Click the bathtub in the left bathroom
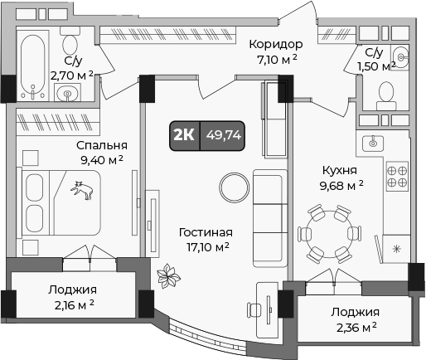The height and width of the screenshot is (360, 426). [x=34, y=62]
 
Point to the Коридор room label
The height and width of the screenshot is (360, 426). [x=276, y=44]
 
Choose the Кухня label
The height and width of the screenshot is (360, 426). [x=340, y=171]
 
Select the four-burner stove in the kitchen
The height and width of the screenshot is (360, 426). [x=397, y=178]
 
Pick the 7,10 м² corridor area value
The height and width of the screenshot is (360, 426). [x=276, y=59]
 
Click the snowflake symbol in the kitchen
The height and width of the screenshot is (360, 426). [x=396, y=248]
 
